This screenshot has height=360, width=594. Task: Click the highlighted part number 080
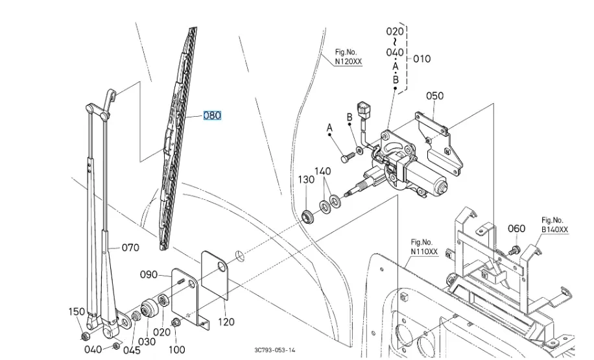(x=212, y=115)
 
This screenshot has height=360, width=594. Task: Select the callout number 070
(x=131, y=247)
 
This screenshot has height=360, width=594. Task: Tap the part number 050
(x=434, y=96)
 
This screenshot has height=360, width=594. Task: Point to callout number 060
(x=516, y=228)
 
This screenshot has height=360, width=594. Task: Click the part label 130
(x=305, y=180)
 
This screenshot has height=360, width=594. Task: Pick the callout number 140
(x=322, y=171)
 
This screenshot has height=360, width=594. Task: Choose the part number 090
(x=148, y=274)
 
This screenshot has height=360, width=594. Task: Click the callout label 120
(x=226, y=321)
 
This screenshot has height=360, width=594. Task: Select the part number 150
(x=77, y=312)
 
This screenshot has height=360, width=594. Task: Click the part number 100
(x=176, y=350)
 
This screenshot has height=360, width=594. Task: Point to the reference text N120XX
(x=349, y=62)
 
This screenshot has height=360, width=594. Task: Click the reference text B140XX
(x=554, y=230)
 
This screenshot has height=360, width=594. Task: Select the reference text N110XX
(x=424, y=251)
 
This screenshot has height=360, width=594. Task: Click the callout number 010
(x=422, y=58)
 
